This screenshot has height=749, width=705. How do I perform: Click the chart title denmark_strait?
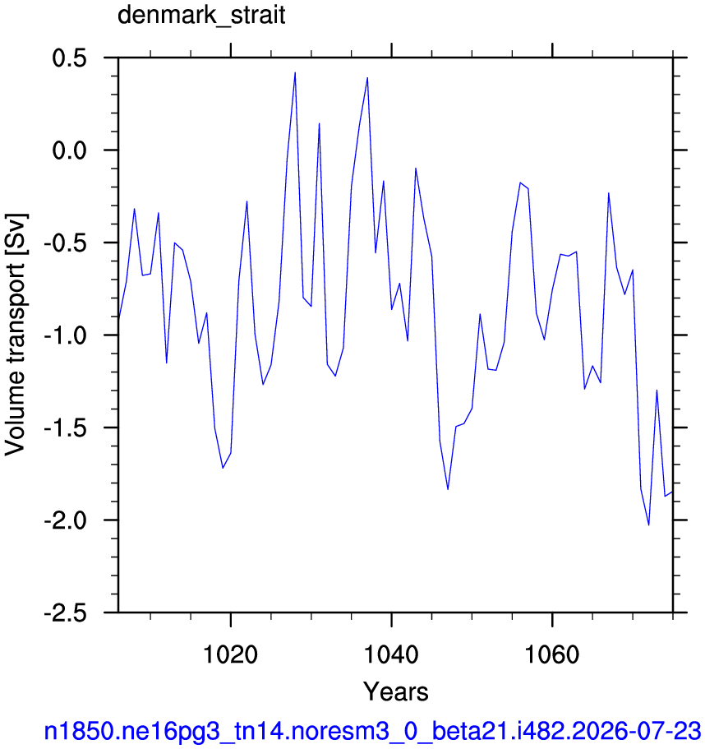[x=201, y=15]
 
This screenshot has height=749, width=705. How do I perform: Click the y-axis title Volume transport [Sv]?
[x=15, y=335]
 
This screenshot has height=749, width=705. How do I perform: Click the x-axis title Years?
[x=396, y=691]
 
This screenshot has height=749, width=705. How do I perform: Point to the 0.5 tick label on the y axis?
[x=70, y=58]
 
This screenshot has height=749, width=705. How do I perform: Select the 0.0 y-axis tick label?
[x=70, y=150]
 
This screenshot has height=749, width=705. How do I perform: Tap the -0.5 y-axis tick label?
[x=66, y=243]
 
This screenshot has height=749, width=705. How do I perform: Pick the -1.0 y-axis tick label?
[x=66, y=335]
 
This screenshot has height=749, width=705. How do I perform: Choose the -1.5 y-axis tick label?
[x=66, y=428]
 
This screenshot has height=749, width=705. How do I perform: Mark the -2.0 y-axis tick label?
[x=66, y=520]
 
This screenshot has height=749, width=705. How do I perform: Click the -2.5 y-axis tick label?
[x=66, y=613]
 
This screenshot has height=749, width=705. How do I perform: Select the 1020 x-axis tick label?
[x=231, y=654]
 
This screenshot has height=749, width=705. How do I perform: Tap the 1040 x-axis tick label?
[x=391, y=654]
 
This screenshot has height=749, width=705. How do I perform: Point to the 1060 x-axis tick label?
[x=552, y=654]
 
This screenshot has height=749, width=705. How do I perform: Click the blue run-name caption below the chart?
[x=373, y=731]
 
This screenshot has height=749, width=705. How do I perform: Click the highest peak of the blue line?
[x=295, y=72]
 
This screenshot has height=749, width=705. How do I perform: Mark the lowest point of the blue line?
[x=648, y=525]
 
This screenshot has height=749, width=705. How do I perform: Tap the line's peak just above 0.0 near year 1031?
[x=320, y=123]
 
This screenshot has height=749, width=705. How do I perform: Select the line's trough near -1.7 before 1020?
[x=223, y=468]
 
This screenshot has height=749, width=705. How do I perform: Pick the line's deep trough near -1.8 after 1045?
[x=448, y=489]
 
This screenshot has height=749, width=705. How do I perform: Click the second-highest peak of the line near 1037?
[x=367, y=77]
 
